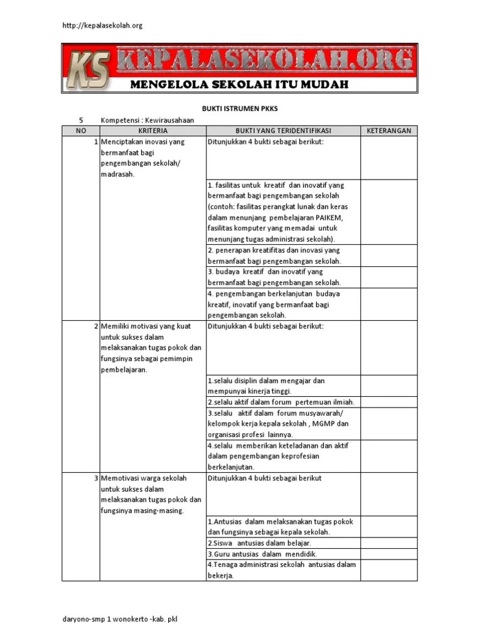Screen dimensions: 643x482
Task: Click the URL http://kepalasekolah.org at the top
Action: pyautogui.click(x=102, y=25)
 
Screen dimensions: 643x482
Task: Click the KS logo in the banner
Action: pyautogui.click(x=88, y=69)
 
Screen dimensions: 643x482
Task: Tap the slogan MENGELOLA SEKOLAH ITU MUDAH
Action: pyautogui.click(x=238, y=84)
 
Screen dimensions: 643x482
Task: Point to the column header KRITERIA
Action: pyautogui.click(x=152, y=131)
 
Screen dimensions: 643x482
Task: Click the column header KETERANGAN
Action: pyautogui.click(x=388, y=131)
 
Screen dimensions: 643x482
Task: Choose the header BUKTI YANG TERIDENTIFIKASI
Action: pyautogui.click(x=282, y=131)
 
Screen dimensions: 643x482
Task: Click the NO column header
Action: pyautogui.click(x=80, y=131)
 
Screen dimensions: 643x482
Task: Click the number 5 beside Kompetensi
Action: pyautogui.click(x=80, y=119)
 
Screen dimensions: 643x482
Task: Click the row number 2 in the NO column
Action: pyautogui.click(x=95, y=327)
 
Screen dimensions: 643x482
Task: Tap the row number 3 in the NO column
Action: pyautogui.click(x=95, y=478)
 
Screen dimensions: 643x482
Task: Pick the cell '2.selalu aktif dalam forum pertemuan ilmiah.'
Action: pyautogui.click(x=281, y=402)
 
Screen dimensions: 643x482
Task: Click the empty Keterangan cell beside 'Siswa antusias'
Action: pyautogui.click(x=388, y=543)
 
